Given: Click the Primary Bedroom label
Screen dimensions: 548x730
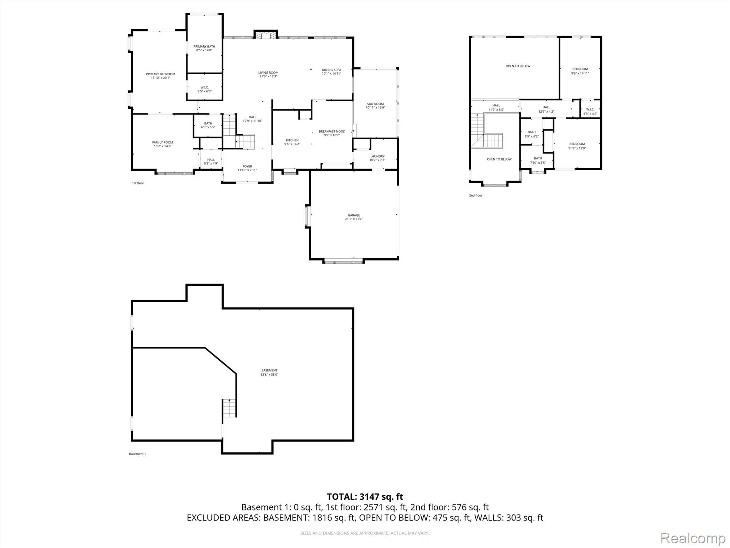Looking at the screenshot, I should (x=160, y=76).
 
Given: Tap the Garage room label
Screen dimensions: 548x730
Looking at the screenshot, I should (x=354, y=217).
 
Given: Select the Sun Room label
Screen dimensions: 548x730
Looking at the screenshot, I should (x=375, y=106).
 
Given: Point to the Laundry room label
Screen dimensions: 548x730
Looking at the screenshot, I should (x=377, y=158).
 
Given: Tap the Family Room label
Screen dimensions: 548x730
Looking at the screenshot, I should (x=163, y=144).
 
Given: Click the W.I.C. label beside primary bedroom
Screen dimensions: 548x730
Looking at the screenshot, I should (x=205, y=89).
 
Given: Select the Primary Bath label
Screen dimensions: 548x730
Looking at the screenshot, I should (x=204, y=48).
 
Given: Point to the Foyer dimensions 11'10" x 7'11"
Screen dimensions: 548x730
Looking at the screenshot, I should (x=247, y=170).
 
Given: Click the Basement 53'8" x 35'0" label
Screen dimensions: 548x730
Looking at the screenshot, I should (x=269, y=372).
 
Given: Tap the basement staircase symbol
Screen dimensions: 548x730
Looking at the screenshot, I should (x=230, y=408).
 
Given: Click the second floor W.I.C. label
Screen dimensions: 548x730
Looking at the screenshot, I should (x=590, y=111).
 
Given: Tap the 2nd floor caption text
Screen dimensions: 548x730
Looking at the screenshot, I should (x=475, y=196).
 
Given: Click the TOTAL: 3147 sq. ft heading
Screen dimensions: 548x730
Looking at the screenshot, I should (x=365, y=497).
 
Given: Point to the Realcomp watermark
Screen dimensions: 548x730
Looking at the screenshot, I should (x=693, y=538).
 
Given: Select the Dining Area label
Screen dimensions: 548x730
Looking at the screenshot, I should (x=331, y=72).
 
